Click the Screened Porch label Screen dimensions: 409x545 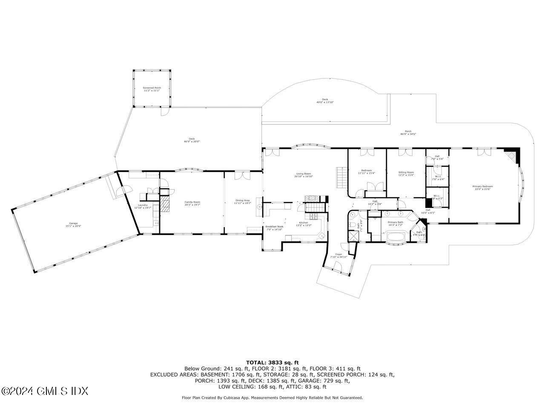pyautogui.click(x=152, y=88)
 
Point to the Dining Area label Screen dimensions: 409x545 pyautogui.click(x=242, y=200)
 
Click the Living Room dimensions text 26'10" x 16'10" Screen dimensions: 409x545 pyautogui.click(x=304, y=176)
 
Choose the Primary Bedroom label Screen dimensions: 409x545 pyautogui.click(x=482, y=186)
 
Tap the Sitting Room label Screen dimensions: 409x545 pyautogui.click(x=406, y=172)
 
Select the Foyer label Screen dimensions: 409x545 pyautogui.click(x=339, y=254)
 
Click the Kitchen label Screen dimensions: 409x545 pyautogui.click(x=303, y=222)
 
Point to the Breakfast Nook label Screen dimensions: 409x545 pyautogui.click(x=274, y=227)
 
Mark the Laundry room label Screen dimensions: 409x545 pyautogui.click(x=143, y=205)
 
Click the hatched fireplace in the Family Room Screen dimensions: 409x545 pyautogui.click(x=164, y=205)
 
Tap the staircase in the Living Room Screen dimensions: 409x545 pyautogui.click(x=341, y=178)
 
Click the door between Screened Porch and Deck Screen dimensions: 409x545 pyautogui.click(x=164, y=112)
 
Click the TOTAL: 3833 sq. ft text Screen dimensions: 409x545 pyautogui.click(x=272, y=363)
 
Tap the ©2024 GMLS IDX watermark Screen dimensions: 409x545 pyautogui.click(x=44, y=391)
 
